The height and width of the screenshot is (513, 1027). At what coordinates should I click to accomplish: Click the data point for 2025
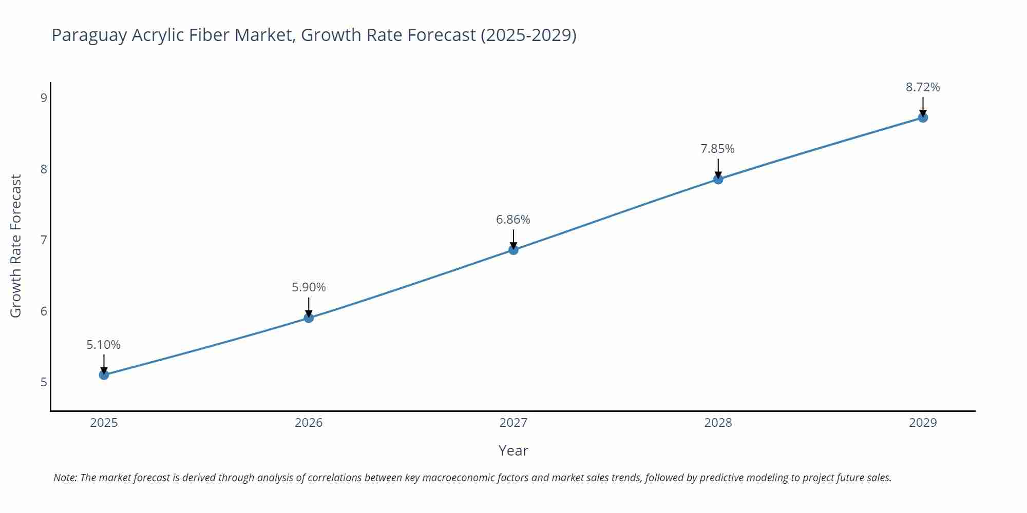pyautogui.click(x=104, y=375)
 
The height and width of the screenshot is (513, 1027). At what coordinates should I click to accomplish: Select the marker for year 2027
pyautogui.click(x=513, y=250)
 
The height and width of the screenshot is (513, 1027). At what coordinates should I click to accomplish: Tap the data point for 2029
pyautogui.click(x=923, y=117)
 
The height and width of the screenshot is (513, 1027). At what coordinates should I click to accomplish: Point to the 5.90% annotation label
pyautogui.click(x=309, y=287)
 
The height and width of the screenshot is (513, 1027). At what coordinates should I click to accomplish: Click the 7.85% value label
pyautogui.click(x=717, y=149)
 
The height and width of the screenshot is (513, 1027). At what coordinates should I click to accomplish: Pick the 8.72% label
pyautogui.click(x=923, y=87)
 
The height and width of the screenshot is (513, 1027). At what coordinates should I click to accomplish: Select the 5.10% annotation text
pyautogui.click(x=103, y=345)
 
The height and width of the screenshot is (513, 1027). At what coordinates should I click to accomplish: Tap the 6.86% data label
pyautogui.click(x=513, y=220)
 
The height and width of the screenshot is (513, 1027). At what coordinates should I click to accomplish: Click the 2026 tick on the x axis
pyautogui.click(x=309, y=423)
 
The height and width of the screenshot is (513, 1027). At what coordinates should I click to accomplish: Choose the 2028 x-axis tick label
pyautogui.click(x=718, y=423)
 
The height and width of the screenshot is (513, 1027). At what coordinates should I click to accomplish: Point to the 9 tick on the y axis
pyautogui.click(x=44, y=97)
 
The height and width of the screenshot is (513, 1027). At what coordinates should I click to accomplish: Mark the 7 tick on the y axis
pyautogui.click(x=44, y=240)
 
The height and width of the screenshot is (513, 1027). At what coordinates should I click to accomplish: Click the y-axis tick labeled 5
pyautogui.click(x=44, y=382)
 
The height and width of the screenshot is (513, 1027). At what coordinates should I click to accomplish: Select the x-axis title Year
pyautogui.click(x=513, y=450)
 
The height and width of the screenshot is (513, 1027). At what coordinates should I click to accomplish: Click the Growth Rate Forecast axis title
pyautogui.click(x=16, y=246)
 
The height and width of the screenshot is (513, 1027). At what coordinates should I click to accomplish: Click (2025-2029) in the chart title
pyautogui.click(x=528, y=35)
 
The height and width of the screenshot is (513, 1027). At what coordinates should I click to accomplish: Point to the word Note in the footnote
pyautogui.click(x=65, y=478)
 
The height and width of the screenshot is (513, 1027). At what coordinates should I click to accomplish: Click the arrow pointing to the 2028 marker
pyautogui.click(x=718, y=168)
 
